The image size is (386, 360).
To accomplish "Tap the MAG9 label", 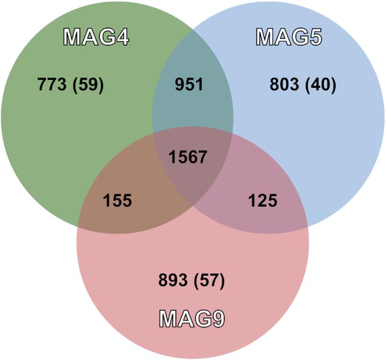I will coord(192,319).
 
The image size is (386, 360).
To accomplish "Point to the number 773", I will coord(52,85).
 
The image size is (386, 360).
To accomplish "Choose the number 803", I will coord(284,85).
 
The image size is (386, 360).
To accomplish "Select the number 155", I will coord(117,200).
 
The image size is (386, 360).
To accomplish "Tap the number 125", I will coord(263,200).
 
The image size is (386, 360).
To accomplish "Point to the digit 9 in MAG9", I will coord(217,319).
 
